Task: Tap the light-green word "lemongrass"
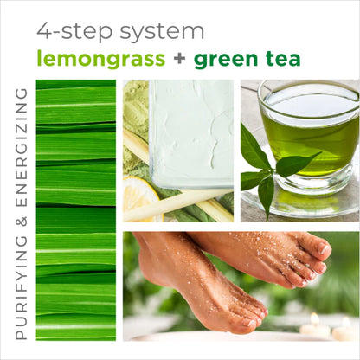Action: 100,60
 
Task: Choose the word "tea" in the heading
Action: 280,60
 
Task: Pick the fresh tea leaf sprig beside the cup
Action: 264,164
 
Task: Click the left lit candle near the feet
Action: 310,325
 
